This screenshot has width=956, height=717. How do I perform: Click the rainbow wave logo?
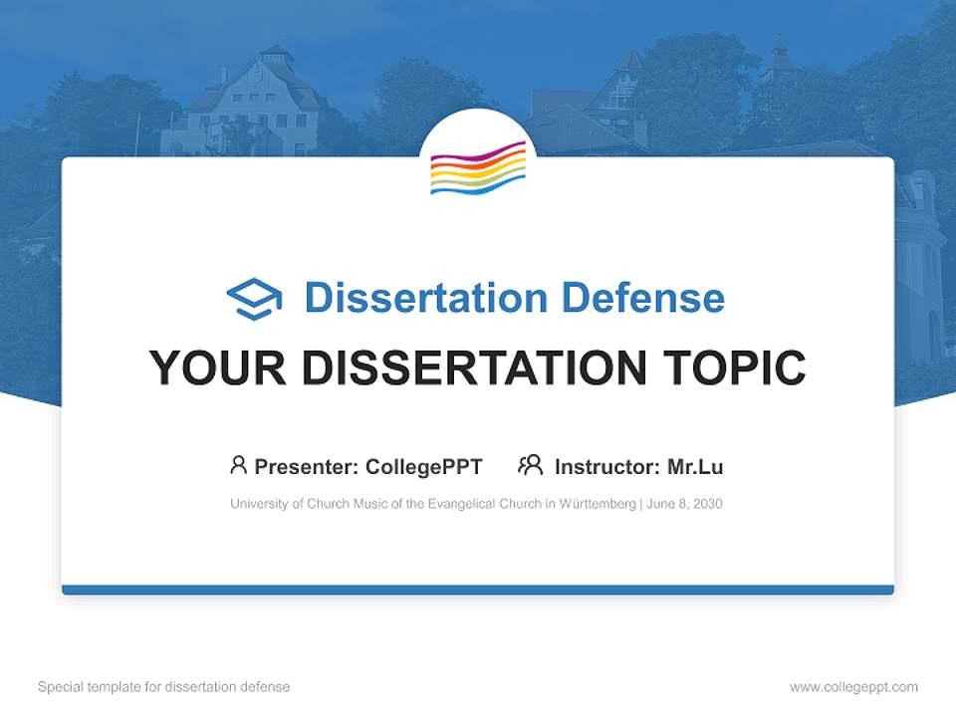coord(478,167)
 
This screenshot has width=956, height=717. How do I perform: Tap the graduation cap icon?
coord(254,299)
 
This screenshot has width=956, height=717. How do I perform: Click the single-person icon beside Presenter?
coord(238,465)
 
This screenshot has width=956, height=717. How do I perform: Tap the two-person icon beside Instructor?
coord(531,465)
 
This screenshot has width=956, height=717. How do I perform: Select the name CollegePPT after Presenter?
coord(424,467)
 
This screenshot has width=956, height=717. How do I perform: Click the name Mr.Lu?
coord(695,467)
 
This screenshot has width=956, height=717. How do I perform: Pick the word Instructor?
coord(606,467)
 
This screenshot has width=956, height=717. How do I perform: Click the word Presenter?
coord(307,467)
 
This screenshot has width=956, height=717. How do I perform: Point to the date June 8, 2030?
coord(684,504)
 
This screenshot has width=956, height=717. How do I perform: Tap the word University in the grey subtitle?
coord(258,504)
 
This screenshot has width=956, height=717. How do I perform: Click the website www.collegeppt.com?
coord(853,687)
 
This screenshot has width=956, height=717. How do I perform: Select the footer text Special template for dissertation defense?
coord(164,687)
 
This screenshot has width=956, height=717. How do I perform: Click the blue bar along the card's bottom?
coord(478,590)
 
